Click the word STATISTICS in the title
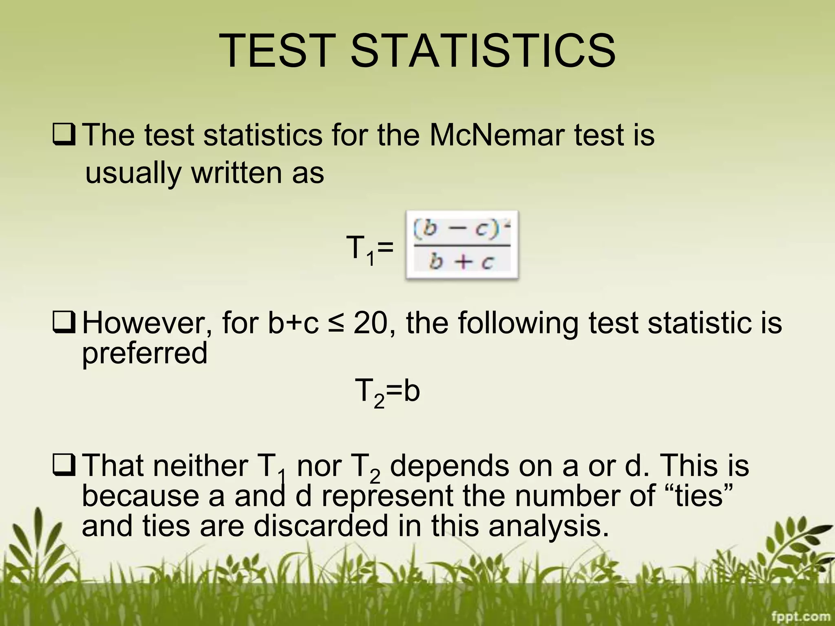483,51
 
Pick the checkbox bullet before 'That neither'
64,466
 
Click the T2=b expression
387,391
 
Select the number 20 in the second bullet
369,323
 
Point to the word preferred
145,353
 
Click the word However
147,323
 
